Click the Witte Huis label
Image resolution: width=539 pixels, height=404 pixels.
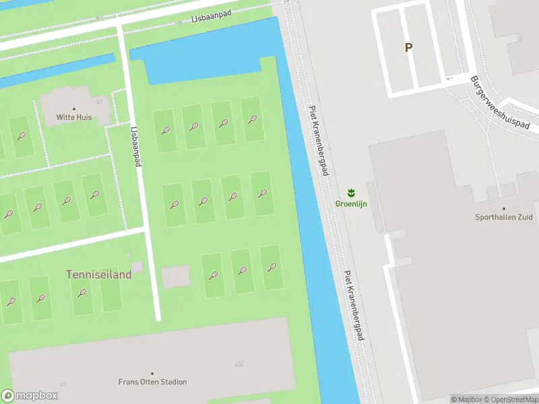click(x=73, y=117)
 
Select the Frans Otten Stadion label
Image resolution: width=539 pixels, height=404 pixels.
click(x=152, y=382)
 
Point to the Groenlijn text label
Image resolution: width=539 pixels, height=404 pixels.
click(x=351, y=204)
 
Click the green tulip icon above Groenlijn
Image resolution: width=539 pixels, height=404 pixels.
click(x=351, y=193)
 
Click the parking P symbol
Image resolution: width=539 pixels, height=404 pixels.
click(x=408, y=48)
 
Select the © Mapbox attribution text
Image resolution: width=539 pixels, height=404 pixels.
click(x=467, y=399)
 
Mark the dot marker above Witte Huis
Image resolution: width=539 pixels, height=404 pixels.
click(x=74, y=108)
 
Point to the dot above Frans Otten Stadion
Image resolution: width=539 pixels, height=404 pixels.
click(x=152, y=373)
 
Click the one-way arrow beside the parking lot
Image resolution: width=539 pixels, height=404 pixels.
click(x=449, y=79)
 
